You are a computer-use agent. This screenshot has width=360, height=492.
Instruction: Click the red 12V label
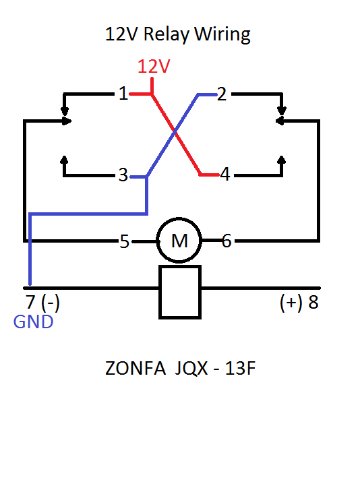click(154, 67)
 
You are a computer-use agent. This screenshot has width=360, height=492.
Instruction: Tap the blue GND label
click(33, 322)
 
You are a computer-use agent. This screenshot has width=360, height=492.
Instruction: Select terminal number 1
click(123, 94)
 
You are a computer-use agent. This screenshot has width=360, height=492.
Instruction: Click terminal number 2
click(222, 94)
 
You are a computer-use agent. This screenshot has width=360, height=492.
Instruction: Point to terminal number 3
click(123, 175)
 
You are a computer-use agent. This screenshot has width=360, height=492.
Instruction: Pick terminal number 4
click(224, 174)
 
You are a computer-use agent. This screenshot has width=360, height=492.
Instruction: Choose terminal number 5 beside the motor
click(125, 241)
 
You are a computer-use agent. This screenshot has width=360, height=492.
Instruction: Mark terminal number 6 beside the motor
click(227, 241)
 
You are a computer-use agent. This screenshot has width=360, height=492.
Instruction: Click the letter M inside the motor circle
click(179, 241)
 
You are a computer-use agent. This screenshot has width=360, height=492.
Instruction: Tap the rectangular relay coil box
click(180, 292)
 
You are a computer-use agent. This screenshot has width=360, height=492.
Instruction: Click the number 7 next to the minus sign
click(30, 302)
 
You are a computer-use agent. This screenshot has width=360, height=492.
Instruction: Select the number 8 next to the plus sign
click(313, 302)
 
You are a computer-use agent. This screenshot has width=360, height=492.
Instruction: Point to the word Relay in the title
click(167, 34)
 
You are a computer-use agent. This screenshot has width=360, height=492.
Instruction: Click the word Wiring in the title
click(222, 34)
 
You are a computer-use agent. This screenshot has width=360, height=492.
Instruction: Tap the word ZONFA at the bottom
click(136, 368)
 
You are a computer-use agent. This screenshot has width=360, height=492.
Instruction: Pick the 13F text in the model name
click(240, 368)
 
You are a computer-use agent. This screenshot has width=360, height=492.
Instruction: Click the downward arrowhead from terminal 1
click(65, 112)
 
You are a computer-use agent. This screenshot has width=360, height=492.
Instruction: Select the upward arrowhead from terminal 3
click(64, 160)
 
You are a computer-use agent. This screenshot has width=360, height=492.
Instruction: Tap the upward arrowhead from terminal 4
click(282, 160)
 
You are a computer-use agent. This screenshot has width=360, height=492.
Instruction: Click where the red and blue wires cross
click(175, 133)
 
